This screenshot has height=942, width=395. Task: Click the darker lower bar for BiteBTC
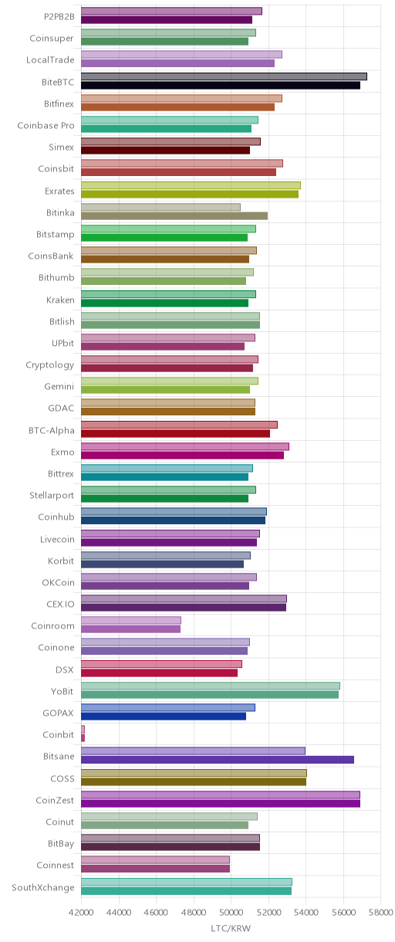click(221, 86)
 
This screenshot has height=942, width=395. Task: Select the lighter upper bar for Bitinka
click(160, 207)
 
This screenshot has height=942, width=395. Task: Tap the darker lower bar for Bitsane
click(218, 760)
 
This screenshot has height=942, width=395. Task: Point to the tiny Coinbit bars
click(83, 734)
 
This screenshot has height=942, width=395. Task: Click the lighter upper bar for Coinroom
click(131, 620)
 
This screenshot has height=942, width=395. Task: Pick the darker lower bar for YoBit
click(210, 695)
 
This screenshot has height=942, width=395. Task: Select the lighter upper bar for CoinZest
click(221, 795)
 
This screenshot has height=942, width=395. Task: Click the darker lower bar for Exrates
click(190, 194)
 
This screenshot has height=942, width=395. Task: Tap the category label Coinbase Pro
click(46, 125)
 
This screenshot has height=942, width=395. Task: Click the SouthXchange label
click(43, 887)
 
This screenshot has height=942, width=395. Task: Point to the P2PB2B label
click(59, 16)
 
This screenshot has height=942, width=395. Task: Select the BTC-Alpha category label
click(51, 430)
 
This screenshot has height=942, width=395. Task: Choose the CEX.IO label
click(60, 604)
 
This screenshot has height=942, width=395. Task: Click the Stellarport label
click(52, 496)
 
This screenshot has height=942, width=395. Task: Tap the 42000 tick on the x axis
click(81, 912)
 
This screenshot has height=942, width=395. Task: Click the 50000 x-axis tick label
click(231, 912)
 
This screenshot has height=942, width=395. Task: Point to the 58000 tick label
click(380, 912)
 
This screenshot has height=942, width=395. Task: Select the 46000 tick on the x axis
click(156, 912)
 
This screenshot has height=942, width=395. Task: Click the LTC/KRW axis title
click(231, 928)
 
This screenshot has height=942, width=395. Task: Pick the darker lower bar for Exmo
click(182, 455)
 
